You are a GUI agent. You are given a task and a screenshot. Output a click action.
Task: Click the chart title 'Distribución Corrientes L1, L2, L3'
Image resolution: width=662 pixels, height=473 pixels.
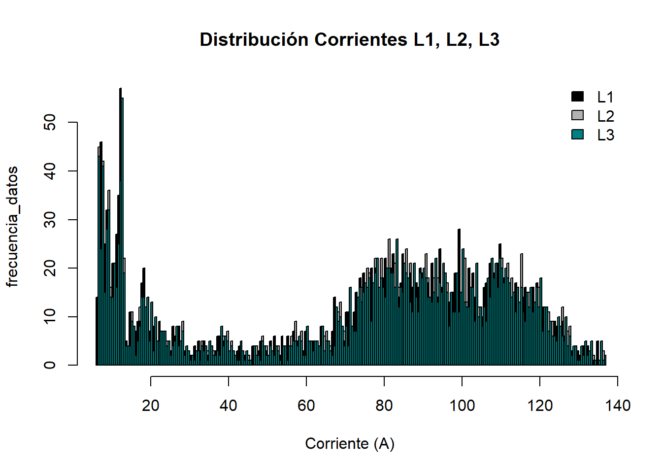point(349,39)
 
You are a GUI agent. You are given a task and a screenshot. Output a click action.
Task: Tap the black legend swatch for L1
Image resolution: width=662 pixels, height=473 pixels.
point(577,97)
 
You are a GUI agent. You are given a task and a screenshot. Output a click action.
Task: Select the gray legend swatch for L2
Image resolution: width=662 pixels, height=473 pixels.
point(577,115)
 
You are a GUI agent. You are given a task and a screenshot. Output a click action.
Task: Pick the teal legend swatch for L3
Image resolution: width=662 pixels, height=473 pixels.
point(577,134)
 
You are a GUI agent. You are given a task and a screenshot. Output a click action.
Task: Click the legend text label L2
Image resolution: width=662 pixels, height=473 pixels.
point(605,116)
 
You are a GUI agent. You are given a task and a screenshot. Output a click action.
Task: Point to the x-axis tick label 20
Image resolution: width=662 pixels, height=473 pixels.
point(150,405)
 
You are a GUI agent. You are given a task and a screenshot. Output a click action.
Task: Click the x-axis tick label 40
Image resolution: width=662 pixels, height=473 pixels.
point(228,405)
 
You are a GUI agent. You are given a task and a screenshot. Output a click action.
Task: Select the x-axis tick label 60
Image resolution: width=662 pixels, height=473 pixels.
point(306,405)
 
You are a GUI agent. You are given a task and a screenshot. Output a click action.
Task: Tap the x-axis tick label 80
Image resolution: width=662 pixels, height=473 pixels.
point(384,405)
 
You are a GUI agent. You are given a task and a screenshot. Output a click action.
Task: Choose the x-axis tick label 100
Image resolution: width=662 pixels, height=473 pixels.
point(462,405)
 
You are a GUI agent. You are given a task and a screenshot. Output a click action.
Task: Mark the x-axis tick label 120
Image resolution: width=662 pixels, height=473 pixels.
point(539,405)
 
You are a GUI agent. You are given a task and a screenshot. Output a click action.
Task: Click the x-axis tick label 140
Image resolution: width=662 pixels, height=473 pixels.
point(617,405)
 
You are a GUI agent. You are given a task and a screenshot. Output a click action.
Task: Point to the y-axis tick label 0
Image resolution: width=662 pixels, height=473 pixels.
point(50,365)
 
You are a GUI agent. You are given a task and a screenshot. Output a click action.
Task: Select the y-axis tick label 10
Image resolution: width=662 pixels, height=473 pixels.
point(50,316)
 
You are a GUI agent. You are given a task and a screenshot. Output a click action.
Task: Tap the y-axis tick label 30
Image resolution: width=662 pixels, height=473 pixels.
point(50,219)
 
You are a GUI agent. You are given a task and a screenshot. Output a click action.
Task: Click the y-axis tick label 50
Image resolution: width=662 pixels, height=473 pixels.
point(50,122)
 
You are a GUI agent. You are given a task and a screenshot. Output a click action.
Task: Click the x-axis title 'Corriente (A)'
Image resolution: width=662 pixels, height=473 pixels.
point(349,443)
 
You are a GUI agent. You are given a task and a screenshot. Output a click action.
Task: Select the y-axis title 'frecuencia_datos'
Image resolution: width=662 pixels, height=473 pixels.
point(12,227)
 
